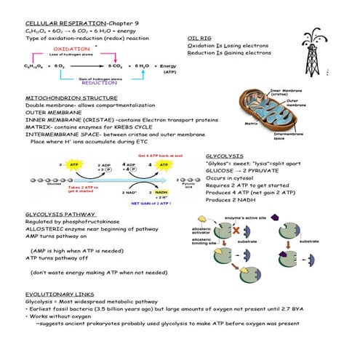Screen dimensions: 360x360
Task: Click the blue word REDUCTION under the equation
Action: (x=99, y=83)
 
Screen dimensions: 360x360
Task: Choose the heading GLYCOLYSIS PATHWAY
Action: (x=60, y=215)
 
